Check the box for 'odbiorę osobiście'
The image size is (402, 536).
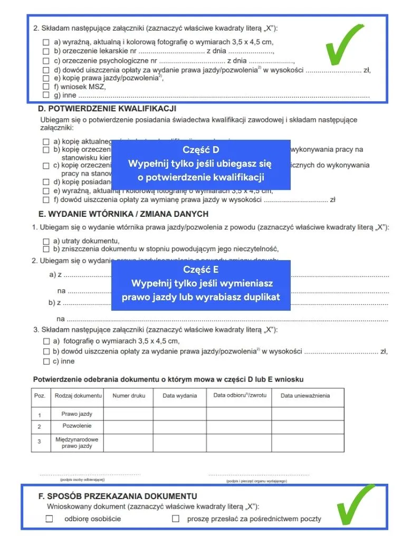(50, 519)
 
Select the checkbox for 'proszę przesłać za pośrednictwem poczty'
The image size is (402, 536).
(176, 519)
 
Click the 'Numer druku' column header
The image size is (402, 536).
(129, 396)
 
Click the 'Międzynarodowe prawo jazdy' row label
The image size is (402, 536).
(76, 443)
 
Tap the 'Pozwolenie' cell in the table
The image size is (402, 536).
(76, 426)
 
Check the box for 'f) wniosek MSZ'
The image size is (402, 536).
(46, 87)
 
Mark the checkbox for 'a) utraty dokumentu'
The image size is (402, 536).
(46, 241)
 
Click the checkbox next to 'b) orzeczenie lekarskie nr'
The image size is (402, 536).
(46, 51)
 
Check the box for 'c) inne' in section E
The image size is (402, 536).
(46, 361)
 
